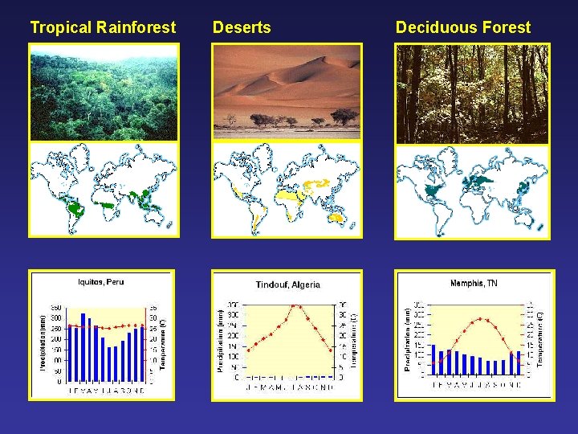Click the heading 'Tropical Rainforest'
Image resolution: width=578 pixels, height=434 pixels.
coord(103,27)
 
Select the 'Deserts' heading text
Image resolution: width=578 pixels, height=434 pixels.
coord(242,27)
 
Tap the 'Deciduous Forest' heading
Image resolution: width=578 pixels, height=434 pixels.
coord(463,27)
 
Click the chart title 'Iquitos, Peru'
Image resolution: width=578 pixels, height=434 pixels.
coord(101,281)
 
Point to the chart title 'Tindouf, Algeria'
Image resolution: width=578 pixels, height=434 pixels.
coord(287,285)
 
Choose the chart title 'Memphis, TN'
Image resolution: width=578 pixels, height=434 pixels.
coord(474,283)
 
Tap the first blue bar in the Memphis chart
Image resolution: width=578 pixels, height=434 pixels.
coord(433,360)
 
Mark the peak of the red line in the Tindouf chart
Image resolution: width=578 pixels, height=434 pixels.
coord(296,305)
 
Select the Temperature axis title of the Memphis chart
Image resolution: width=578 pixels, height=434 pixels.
coord(540,339)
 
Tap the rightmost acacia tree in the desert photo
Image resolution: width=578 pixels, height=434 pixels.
coord(345,117)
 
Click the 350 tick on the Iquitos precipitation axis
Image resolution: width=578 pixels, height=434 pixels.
coord(57,308)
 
